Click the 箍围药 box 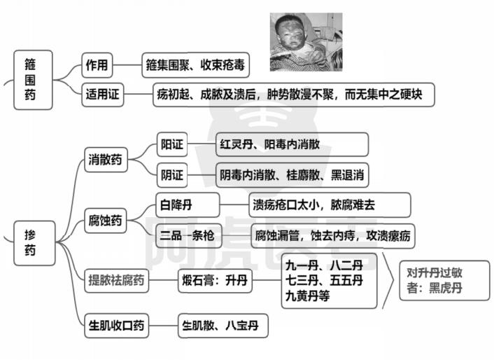point(33,80)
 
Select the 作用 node point(97,65)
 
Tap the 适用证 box point(102,95)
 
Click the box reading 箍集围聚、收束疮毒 point(195,65)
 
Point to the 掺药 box point(34,243)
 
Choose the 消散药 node point(106,160)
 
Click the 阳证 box point(172,145)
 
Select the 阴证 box point(172,175)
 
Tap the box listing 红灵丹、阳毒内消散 point(292,144)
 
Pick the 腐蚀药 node point(105,221)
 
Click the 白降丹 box point(188,205)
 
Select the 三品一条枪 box point(188,235)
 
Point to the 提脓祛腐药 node point(116,280)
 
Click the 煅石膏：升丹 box point(215,280)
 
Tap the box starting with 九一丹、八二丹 point(329,281)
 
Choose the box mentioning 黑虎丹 point(444,281)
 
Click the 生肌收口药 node point(116,325)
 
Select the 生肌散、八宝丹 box point(223,325)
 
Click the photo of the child point(306,42)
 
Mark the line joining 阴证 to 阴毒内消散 point(202,175)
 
